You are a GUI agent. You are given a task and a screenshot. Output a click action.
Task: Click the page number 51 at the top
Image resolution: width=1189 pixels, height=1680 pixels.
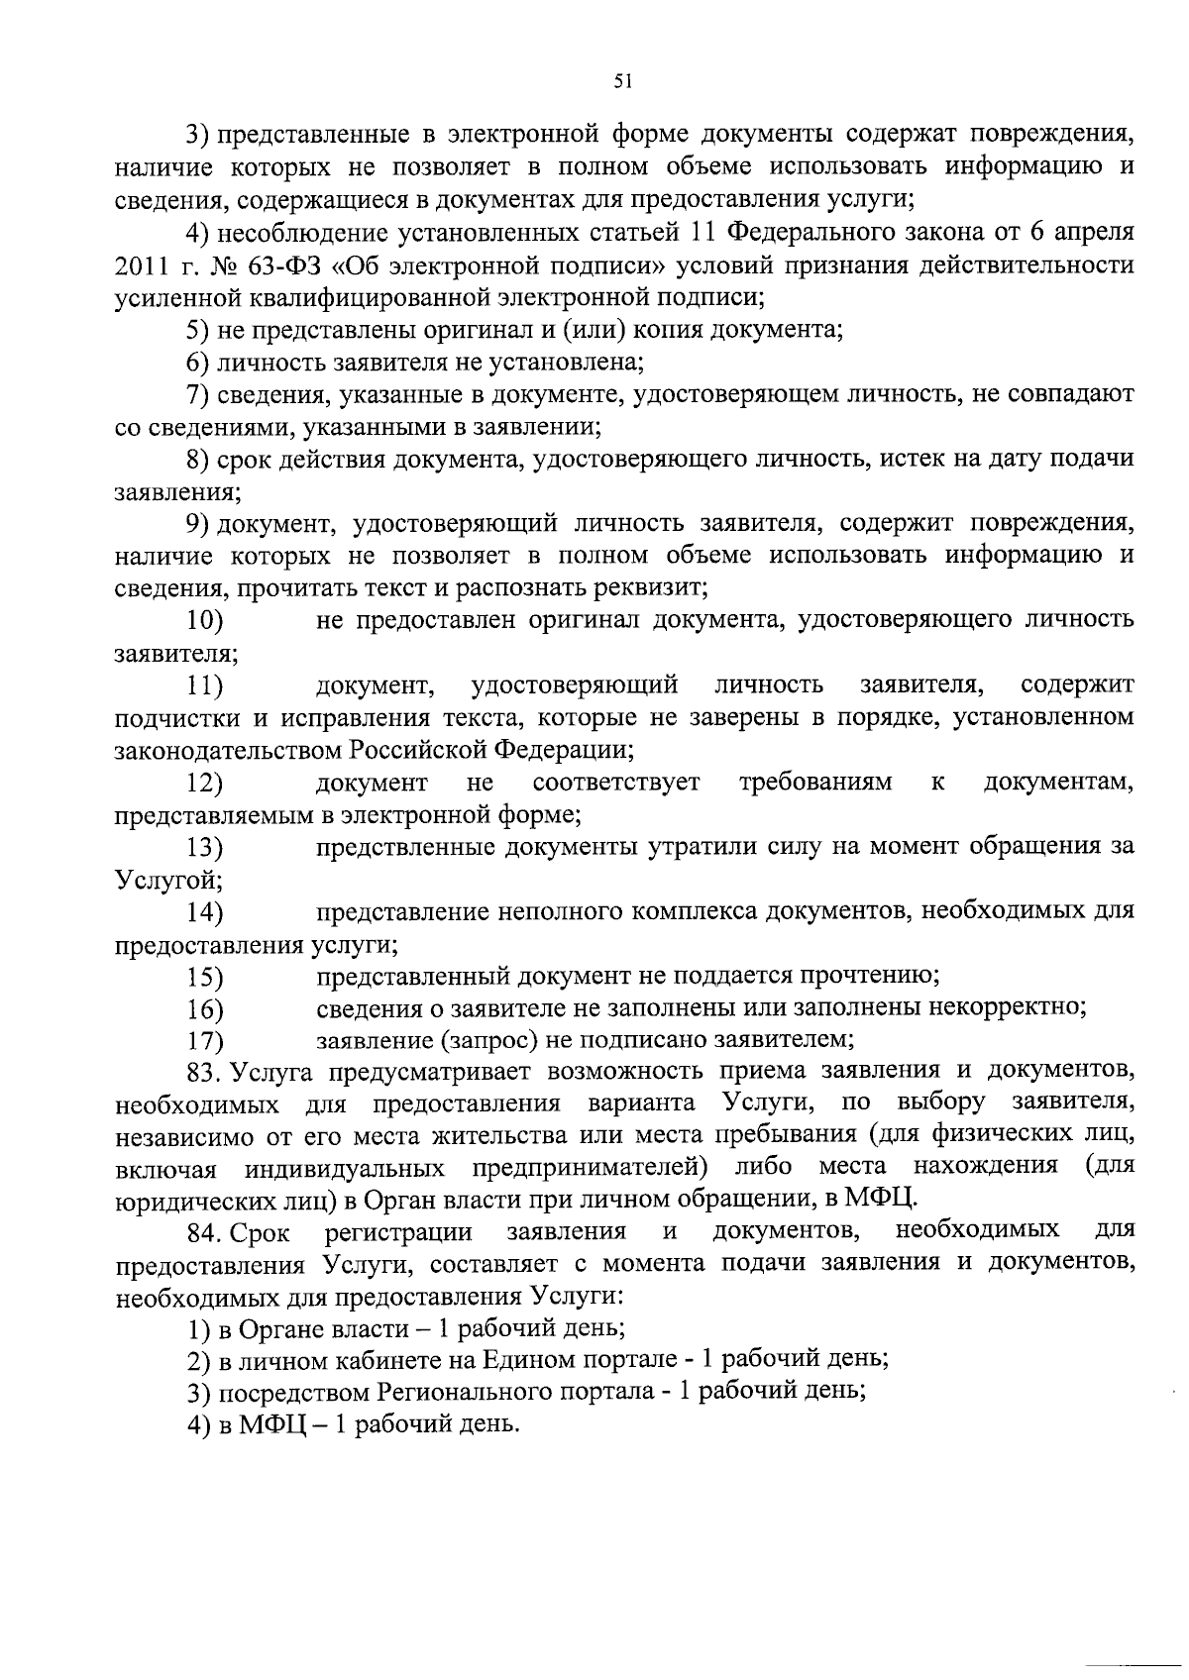point(623,83)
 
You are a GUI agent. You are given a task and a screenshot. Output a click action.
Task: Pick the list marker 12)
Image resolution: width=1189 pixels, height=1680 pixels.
point(204,784)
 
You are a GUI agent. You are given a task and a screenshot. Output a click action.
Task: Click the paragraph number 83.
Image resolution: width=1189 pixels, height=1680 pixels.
point(207,1071)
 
